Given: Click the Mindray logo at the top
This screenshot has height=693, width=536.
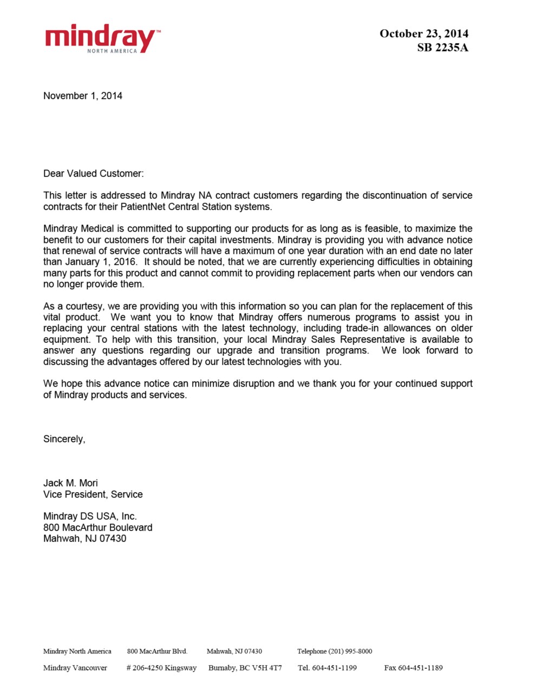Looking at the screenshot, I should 102,38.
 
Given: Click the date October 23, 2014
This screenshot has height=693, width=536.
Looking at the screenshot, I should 424,34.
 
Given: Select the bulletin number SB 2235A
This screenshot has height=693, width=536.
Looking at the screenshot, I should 442,48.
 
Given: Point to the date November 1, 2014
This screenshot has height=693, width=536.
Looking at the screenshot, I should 83,96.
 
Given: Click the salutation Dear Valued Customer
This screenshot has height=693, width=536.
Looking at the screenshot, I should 94,174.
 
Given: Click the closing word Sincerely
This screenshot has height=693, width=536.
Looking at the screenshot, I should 64,439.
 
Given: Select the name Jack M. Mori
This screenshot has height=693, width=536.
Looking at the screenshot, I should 70,483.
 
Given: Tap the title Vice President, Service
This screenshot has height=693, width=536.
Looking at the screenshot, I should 93,494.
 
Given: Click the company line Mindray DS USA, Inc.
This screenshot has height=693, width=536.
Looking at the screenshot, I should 90,517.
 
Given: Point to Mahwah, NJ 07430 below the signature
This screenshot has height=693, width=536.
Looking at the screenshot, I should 84,539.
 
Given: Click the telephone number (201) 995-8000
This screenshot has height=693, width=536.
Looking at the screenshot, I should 350,651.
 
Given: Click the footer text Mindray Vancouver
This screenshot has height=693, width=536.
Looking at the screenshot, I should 75,668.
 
